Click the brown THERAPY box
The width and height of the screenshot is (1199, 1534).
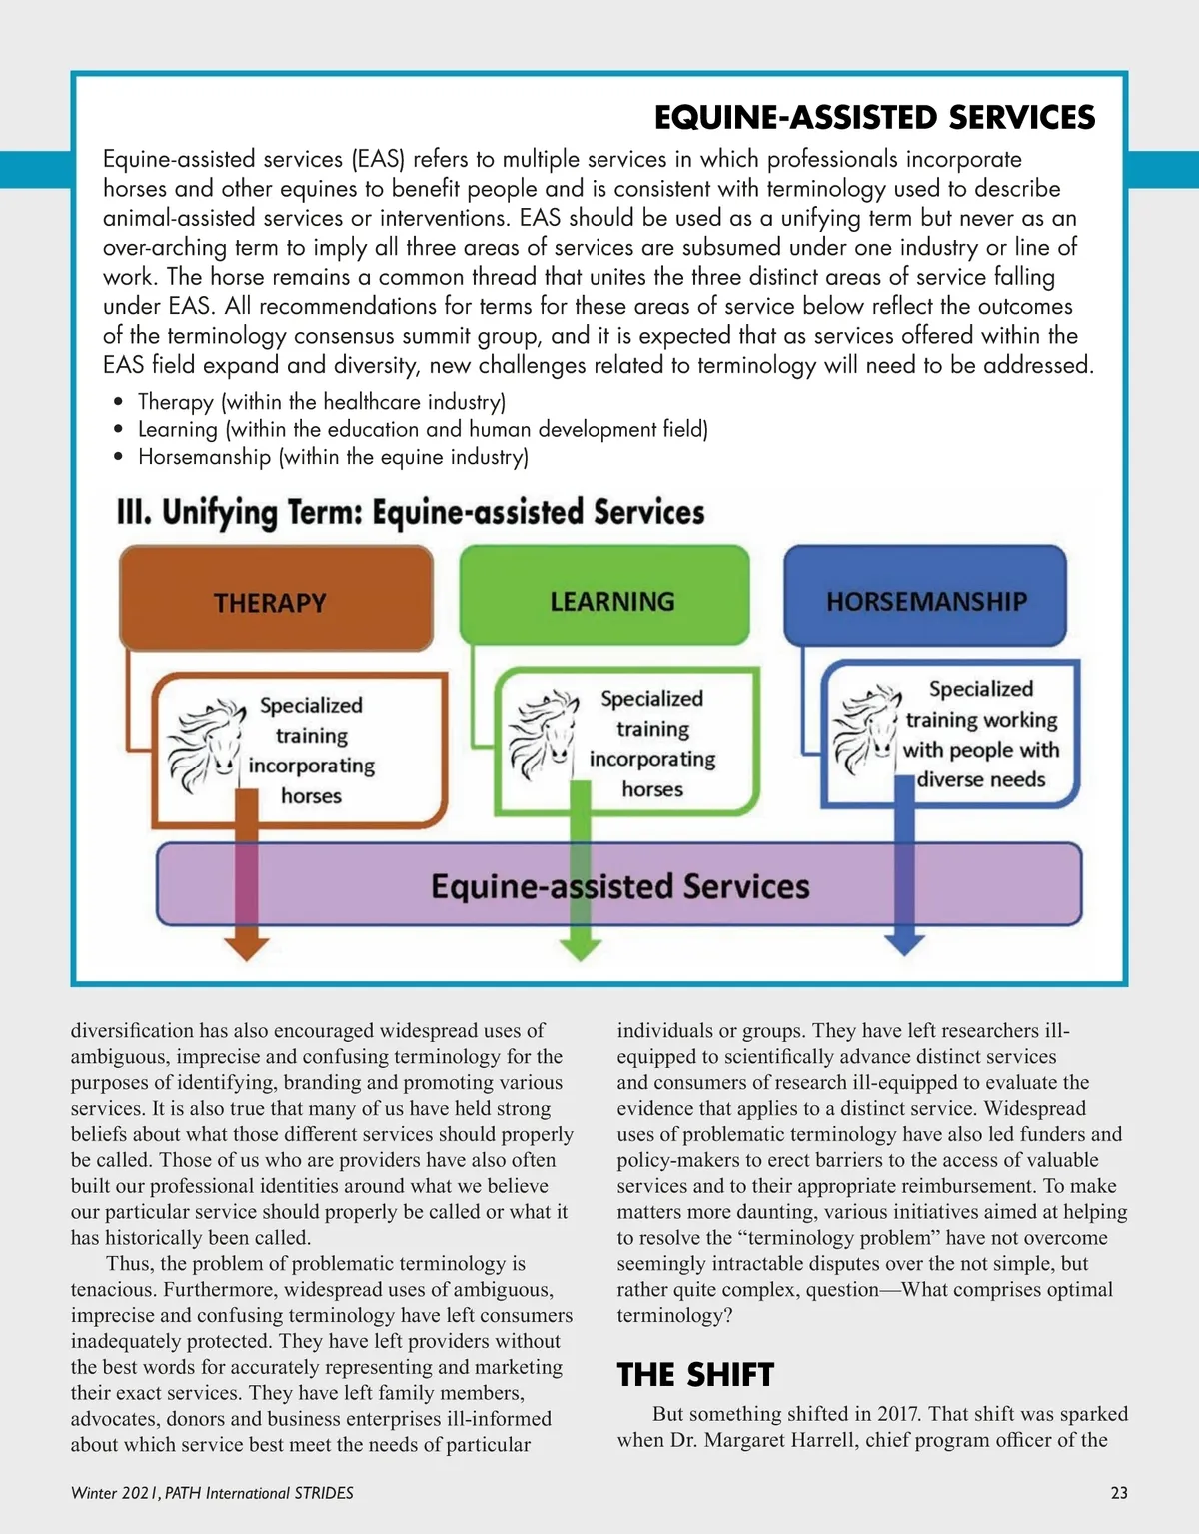click(x=275, y=601)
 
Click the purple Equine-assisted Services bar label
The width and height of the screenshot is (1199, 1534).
click(x=619, y=886)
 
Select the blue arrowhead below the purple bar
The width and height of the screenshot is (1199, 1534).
click(x=904, y=943)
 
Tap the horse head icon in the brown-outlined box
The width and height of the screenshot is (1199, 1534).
click(x=207, y=745)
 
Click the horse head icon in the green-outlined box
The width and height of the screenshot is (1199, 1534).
click(x=546, y=735)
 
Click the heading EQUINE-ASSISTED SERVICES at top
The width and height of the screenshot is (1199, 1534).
click(x=874, y=118)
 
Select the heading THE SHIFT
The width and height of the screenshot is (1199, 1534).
click(x=695, y=1375)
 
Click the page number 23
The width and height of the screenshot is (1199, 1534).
click(x=1119, y=1493)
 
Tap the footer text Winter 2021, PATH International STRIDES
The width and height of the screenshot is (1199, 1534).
click(x=212, y=1493)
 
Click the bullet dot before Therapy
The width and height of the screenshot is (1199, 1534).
click(x=119, y=402)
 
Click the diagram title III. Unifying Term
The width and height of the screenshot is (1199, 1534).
click(x=411, y=512)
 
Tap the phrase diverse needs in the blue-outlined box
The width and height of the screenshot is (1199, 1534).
click(x=981, y=779)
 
